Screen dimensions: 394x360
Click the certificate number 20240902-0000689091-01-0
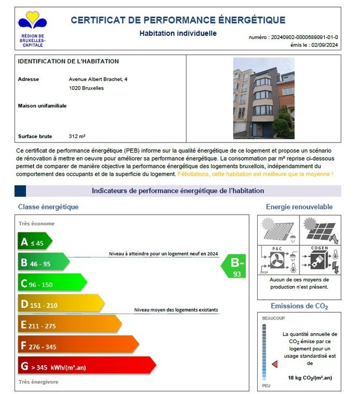tap(305, 37)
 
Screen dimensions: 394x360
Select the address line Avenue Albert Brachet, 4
tap(98, 79)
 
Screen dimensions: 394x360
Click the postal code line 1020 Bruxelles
tap(86, 88)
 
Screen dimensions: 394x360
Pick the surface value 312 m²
tap(77, 136)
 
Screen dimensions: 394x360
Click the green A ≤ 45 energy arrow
tap(35, 242)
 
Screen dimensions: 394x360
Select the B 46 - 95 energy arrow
tap(43, 262)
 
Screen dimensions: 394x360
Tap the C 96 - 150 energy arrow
tap(52, 283)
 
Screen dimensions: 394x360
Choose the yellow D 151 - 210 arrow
tap(61, 304)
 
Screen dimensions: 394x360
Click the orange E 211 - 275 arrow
tap(69, 324)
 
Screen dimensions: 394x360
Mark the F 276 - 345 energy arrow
tap(78, 345)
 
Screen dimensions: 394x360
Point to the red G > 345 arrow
tap(86, 366)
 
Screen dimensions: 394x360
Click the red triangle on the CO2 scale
tap(274, 364)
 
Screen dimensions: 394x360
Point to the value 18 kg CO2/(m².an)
tap(310, 378)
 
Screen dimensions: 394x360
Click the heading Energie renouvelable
tap(299, 207)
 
